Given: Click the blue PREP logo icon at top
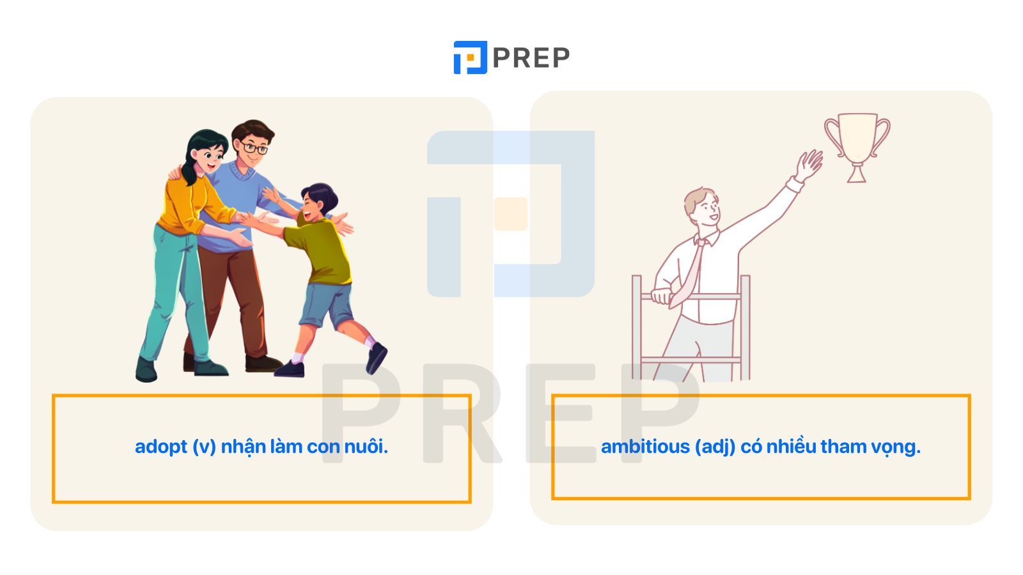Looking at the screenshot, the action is (x=470, y=57).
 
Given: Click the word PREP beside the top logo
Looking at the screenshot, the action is (x=531, y=58).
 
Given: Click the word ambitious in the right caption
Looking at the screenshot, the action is (x=645, y=447).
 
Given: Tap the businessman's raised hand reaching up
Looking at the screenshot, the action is (x=808, y=165).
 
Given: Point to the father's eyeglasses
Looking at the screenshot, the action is (x=254, y=148).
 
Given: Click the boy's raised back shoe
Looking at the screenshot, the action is (x=377, y=358).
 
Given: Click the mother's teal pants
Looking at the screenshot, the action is (x=176, y=292).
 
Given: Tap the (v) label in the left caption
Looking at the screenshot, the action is (x=204, y=447).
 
